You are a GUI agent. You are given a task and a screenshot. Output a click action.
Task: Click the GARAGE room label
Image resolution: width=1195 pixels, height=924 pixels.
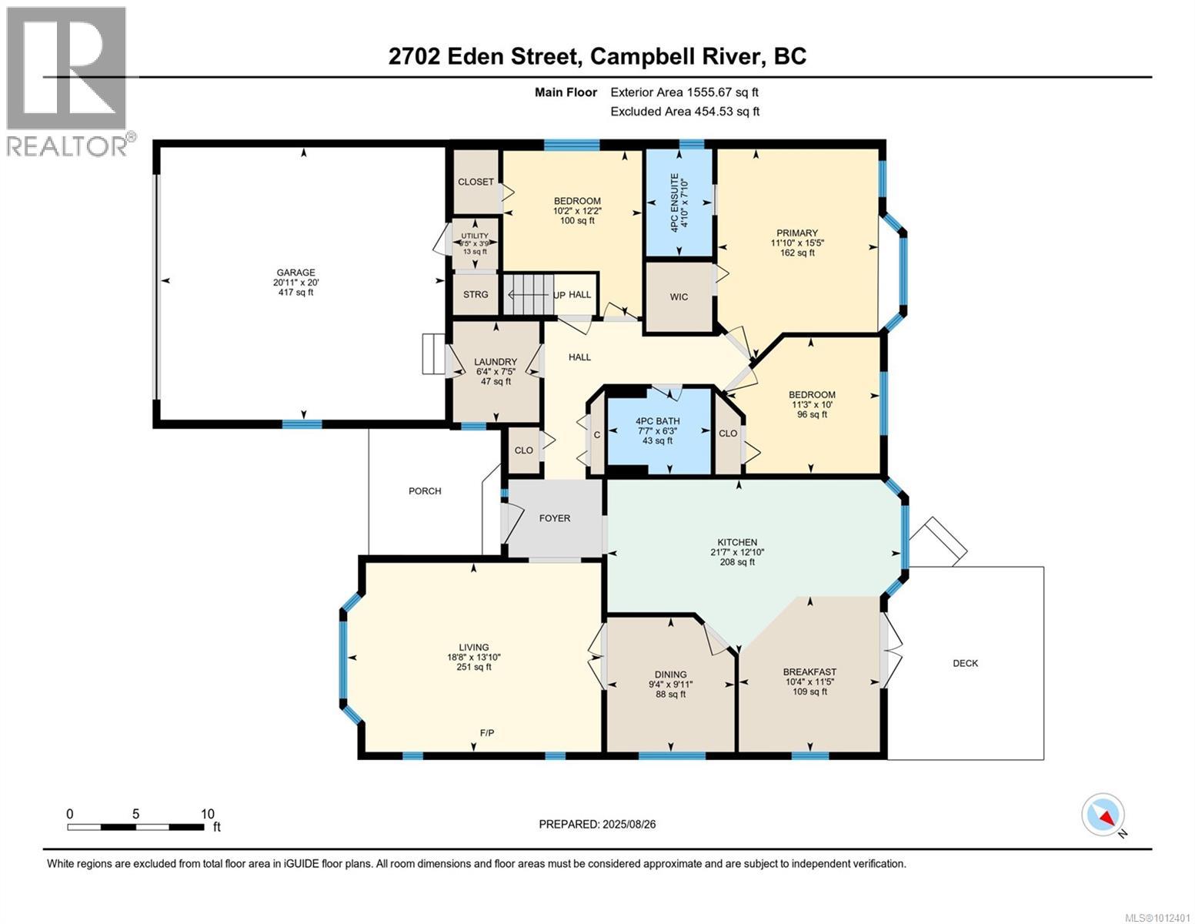coord(296,273)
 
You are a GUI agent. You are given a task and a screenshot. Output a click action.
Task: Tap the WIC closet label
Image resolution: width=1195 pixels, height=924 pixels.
coord(679,297)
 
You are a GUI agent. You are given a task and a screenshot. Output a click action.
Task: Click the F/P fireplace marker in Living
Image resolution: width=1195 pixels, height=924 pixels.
coord(487,733)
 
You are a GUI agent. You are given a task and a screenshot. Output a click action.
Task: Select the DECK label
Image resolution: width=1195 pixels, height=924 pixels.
coord(965,663)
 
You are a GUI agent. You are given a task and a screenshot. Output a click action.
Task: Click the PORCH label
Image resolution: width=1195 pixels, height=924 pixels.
coord(425,491)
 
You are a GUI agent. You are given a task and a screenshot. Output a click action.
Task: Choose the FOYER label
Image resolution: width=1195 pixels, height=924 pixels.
coord(554,518)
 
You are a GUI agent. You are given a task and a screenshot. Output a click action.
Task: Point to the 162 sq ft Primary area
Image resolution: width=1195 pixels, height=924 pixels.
coord(796,253)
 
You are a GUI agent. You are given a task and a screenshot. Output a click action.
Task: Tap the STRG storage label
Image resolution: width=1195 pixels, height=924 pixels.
coord(476,294)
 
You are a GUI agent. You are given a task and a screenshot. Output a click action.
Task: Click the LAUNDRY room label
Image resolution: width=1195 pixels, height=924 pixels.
coord(496,362)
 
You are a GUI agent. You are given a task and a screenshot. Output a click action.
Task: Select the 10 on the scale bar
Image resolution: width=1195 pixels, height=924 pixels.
coord(207,814)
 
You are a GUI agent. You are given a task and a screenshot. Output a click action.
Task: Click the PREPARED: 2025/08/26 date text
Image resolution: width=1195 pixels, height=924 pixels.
coord(597,824)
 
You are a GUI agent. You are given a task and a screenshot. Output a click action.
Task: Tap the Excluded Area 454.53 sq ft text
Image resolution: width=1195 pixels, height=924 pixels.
coord(685,112)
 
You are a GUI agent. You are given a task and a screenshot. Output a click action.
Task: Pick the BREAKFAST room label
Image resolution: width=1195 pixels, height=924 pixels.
coord(809,671)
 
